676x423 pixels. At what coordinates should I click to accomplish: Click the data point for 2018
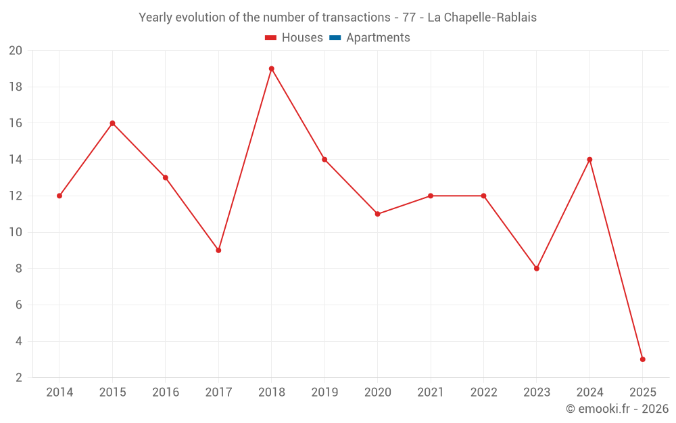pyautogui.click(x=272, y=68)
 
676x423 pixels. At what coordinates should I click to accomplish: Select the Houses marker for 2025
pyautogui.click(x=643, y=359)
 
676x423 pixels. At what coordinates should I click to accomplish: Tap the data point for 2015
pyautogui.click(x=112, y=123)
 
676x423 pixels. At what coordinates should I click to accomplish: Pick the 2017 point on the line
pyautogui.click(x=218, y=250)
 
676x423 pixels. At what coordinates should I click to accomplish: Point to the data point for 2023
pyautogui.click(x=537, y=269)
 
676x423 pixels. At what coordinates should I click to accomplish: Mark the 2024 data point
pyautogui.click(x=589, y=160)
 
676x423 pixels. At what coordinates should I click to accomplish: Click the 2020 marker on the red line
pyautogui.click(x=378, y=214)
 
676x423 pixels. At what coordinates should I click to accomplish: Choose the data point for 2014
pyautogui.click(x=59, y=196)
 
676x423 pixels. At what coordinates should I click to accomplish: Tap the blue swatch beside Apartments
pyautogui.click(x=335, y=38)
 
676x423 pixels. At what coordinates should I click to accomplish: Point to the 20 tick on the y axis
pyautogui.click(x=16, y=51)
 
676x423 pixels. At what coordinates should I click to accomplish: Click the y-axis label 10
pyautogui.click(x=16, y=232)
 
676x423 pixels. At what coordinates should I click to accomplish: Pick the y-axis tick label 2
pyautogui.click(x=19, y=378)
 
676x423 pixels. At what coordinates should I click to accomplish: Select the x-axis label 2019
pyautogui.click(x=324, y=392)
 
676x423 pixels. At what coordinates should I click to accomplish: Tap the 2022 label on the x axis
pyautogui.click(x=483, y=392)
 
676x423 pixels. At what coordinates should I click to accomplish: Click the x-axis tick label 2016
pyautogui.click(x=166, y=392)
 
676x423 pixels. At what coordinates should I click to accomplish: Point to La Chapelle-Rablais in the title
pyautogui.click(x=482, y=18)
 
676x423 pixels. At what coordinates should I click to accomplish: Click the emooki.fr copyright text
pyautogui.click(x=617, y=409)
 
